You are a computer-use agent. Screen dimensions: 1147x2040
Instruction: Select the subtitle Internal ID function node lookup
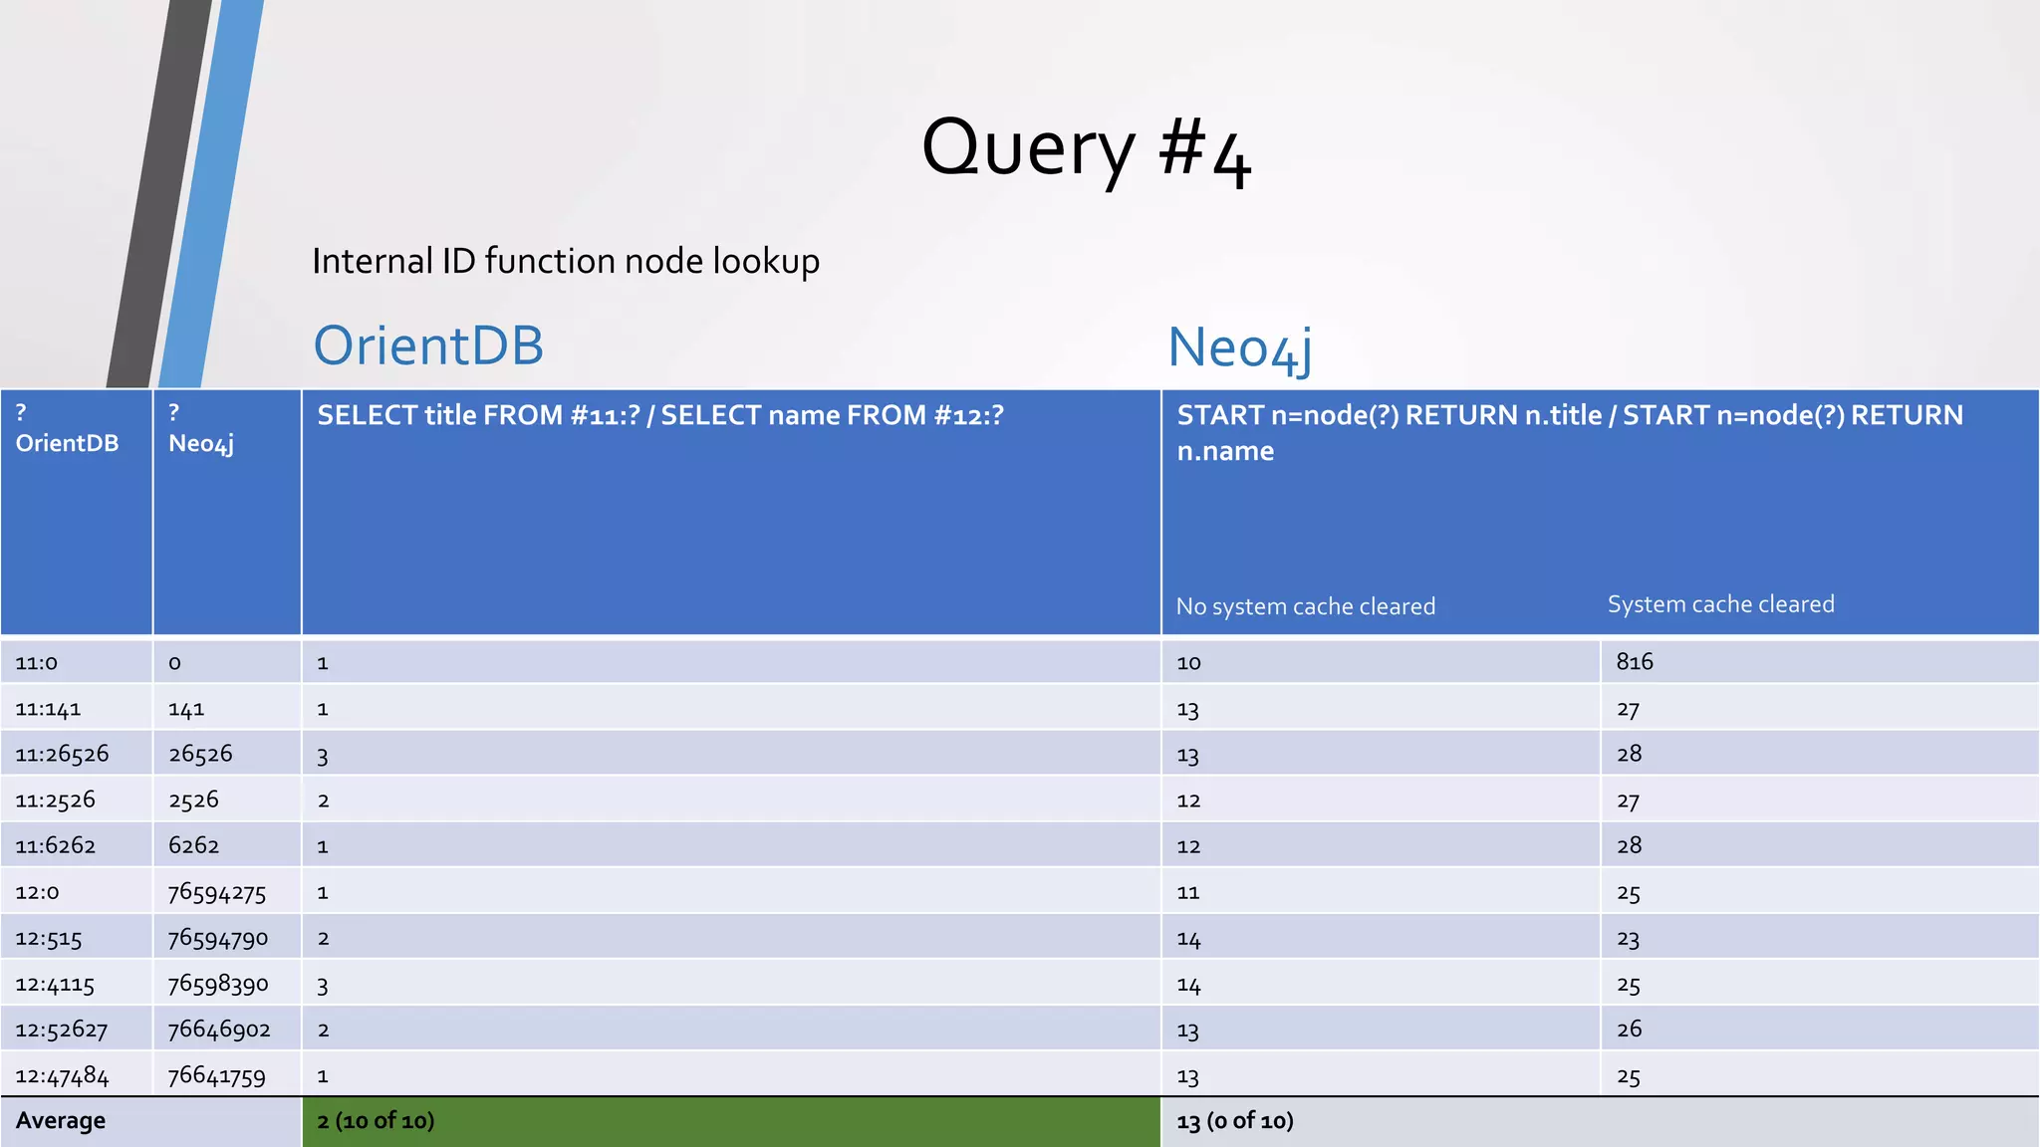point(566,261)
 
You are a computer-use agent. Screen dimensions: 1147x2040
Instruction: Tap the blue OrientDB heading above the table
point(428,345)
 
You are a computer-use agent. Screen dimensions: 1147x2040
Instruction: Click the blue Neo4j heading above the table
point(1239,348)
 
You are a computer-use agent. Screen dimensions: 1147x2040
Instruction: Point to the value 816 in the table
point(1635,662)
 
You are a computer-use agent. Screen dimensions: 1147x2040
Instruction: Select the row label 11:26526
point(62,754)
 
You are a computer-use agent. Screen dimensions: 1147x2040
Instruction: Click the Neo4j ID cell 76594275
point(217,892)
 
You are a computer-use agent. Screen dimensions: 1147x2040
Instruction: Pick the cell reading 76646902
point(219,1030)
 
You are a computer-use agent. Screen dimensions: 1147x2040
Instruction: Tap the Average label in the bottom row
point(61,1121)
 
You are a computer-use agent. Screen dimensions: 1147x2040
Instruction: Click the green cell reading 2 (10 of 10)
point(376,1121)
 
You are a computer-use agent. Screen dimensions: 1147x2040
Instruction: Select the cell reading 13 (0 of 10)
point(1235,1121)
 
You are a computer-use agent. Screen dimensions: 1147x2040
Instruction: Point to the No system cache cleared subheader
point(1305,606)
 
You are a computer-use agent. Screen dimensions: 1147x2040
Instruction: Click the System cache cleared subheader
point(1720,604)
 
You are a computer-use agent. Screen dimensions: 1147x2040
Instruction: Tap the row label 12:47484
point(62,1076)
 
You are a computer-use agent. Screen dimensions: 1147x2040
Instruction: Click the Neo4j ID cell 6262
point(193,845)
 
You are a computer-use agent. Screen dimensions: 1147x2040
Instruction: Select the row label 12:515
point(49,938)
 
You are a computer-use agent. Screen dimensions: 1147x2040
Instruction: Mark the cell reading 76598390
point(218,984)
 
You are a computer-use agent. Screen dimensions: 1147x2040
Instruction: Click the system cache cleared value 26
point(1629,1030)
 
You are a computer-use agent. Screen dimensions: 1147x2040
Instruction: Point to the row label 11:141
point(48,709)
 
